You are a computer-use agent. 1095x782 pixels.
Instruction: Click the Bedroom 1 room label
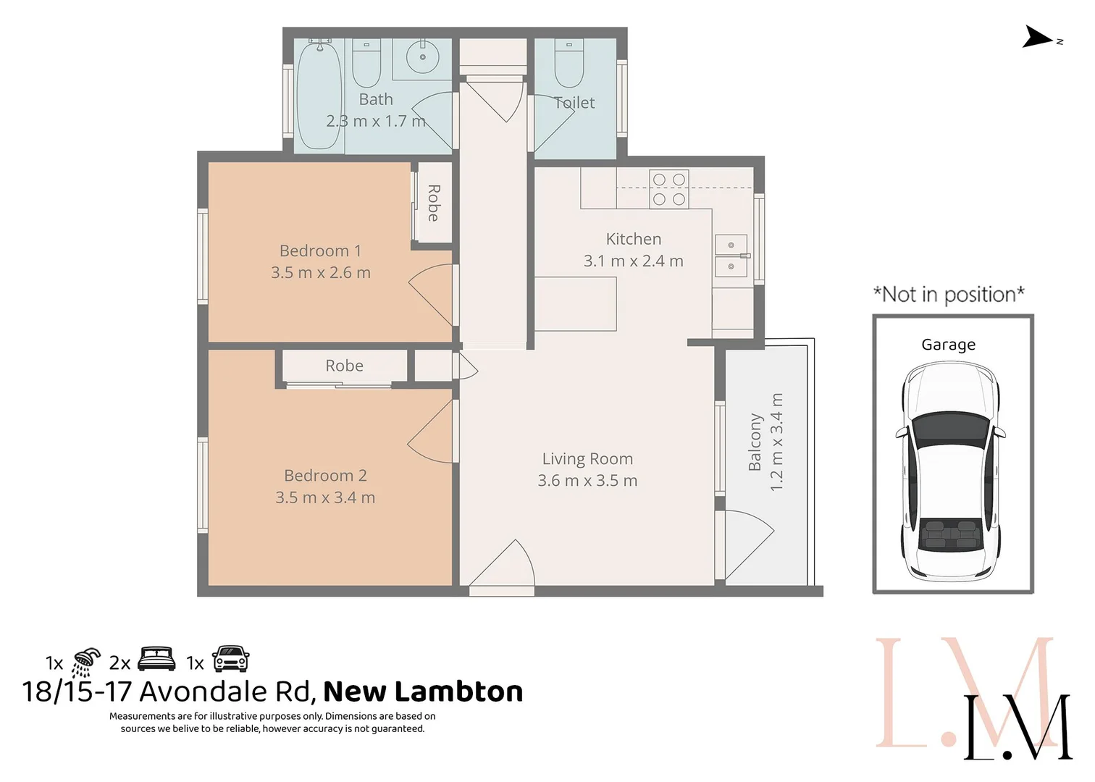click(320, 251)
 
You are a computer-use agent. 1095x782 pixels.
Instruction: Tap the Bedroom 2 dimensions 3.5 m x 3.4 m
click(325, 497)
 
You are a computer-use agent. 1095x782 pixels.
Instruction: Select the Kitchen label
click(633, 239)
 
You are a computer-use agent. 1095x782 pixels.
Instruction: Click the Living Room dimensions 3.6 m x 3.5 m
click(587, 481)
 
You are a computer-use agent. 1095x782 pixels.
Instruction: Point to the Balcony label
click(755, 442)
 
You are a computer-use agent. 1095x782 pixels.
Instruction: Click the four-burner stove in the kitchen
click(668, 189)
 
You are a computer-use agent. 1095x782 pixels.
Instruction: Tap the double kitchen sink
click(731, 256)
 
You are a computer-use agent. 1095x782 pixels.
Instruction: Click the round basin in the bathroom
click(421, 58)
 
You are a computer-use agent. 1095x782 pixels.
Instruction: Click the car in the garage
click(949, 471)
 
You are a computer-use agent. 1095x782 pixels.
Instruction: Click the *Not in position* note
click(949, 295)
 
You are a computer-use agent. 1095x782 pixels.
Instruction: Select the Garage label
click(948, 345)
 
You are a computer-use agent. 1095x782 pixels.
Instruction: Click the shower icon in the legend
click(86, 662)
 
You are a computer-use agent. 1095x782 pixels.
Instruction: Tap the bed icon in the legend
click(156, 659)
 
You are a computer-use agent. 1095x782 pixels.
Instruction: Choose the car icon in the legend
click(230, 660)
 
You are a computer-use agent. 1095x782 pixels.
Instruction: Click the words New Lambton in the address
click(423, 692)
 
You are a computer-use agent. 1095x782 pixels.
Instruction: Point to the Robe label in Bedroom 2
click(344, 366)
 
